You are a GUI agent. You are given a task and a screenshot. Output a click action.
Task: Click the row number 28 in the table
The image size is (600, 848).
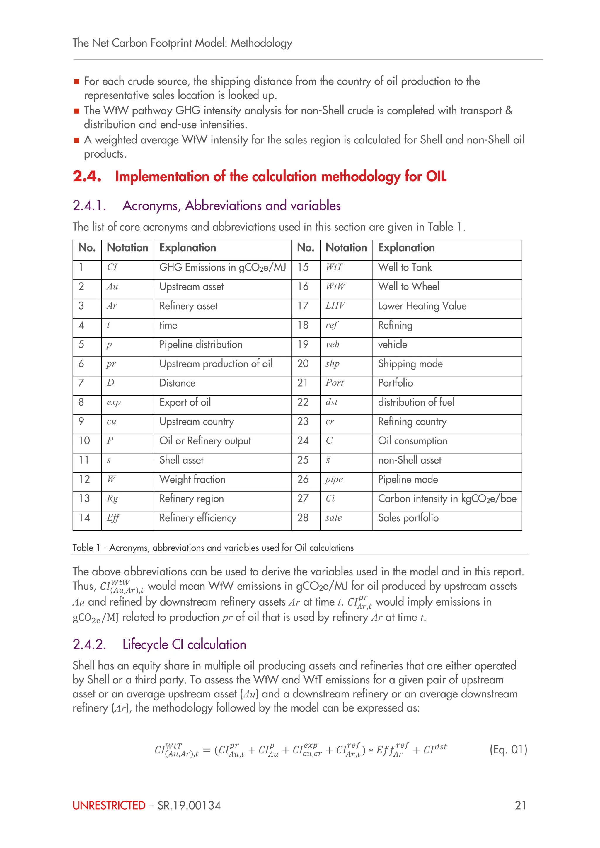(303, 518)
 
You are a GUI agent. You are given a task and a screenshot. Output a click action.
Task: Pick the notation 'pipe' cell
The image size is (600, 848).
(334, 479)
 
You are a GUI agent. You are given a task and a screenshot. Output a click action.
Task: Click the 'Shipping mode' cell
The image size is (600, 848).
(410, 364)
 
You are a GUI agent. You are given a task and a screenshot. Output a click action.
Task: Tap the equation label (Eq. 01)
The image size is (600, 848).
(508, 749)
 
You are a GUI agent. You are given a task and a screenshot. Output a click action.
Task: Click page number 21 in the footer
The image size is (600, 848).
(520, 806)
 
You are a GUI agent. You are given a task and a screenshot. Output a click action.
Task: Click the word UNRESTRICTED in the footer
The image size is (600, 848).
(109, 806)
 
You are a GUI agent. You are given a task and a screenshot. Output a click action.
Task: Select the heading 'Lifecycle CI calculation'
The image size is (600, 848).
(184, 644)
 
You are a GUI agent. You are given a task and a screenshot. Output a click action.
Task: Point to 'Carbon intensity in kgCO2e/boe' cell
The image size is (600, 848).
(447, 499)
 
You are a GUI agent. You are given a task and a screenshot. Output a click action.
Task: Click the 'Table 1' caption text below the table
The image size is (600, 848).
(213, 548)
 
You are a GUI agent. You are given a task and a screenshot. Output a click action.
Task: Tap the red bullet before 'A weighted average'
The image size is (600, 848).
(76, 140)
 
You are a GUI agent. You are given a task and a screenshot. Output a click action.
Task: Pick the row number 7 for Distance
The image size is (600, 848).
(81, 383)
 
